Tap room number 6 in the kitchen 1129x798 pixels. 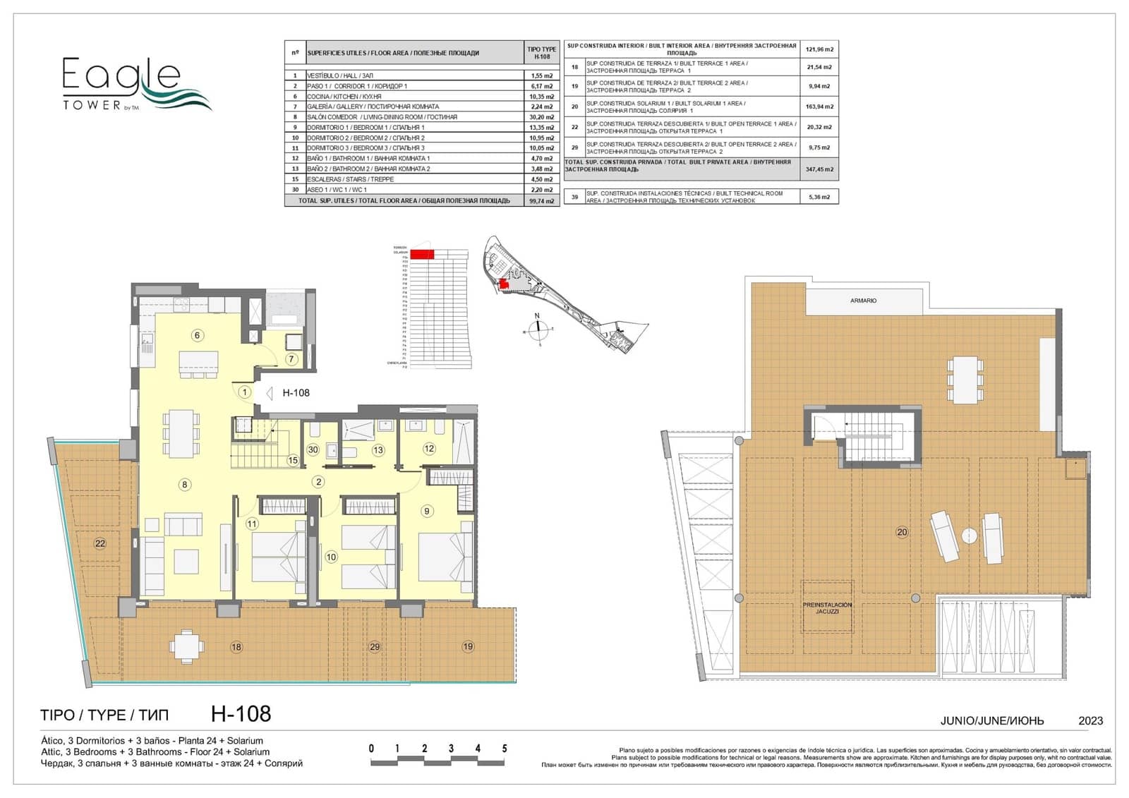coord(198,335)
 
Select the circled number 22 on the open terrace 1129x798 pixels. coord(100,543)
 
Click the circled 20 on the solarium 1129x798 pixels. coord(902,532)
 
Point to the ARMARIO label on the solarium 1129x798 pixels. coord(863,301)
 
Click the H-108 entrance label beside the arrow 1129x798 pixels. coord(296,393)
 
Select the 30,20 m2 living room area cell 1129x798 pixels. coord(541,117)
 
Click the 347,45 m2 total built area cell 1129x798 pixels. coord(819,169)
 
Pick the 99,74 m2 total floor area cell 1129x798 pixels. coord(541,201)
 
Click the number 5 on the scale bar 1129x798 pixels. coord(504,749)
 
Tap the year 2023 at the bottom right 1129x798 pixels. coord(1090,720)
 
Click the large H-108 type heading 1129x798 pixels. coord(241,714)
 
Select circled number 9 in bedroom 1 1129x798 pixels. coord(426,511)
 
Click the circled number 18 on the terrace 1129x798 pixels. coord(236,646)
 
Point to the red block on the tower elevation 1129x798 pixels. coord(422,254)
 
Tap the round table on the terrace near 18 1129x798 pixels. coord(186,646)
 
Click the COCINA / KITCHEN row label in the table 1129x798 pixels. coord(344,97)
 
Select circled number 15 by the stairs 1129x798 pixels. coord(293,461)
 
